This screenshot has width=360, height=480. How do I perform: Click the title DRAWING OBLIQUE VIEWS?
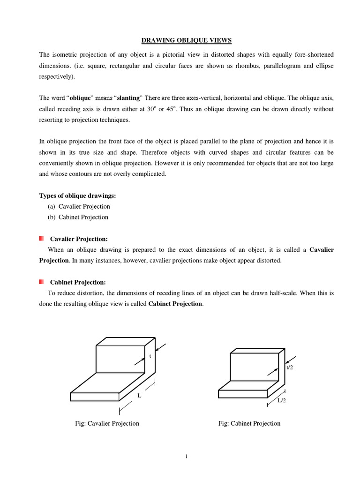point(180,41)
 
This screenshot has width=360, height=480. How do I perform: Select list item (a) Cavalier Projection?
point(79,206)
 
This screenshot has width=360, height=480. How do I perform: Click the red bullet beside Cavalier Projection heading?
point(42,239)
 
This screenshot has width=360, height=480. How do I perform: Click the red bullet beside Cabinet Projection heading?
point(42,282)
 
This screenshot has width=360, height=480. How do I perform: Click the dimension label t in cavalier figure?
point(150,356)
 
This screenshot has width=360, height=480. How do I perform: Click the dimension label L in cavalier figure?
point(139,396)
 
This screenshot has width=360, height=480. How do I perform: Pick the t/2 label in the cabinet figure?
point(290,367)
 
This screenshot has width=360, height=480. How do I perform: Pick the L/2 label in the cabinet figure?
point(282,401)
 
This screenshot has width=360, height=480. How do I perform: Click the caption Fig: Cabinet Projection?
point(249,423)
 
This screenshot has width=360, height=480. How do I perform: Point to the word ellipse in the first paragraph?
point(323,66)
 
